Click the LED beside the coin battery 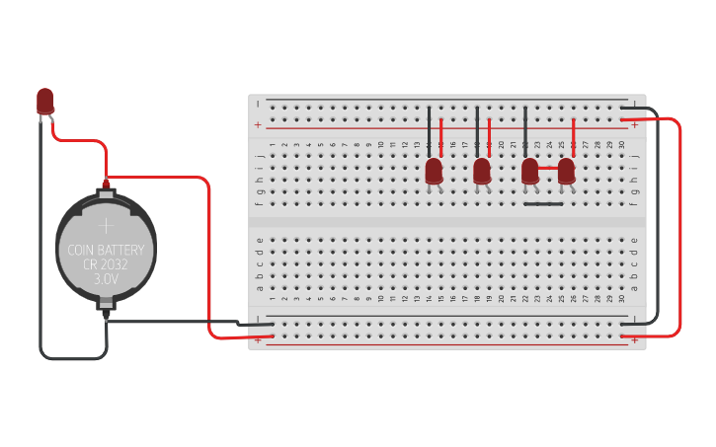tap(45, 100)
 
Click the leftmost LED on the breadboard tap(434, 171)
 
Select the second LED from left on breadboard tap(482, 171)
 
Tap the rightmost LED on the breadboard tap(566, 171)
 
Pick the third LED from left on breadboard tap(530, 171)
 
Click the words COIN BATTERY tap(106, 250)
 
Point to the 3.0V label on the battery tap(106, 280)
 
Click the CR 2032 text tap(106, 264)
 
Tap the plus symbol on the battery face tap(106, 226)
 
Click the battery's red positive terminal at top tap(106, 184)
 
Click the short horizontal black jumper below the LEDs tap(543, 204)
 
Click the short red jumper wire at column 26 tap(574, 138)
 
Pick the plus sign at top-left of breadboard tap(258, 125)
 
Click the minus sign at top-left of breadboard tap(258, 103)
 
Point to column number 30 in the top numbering tap(622, 145)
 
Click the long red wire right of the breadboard tap(680, 227)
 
